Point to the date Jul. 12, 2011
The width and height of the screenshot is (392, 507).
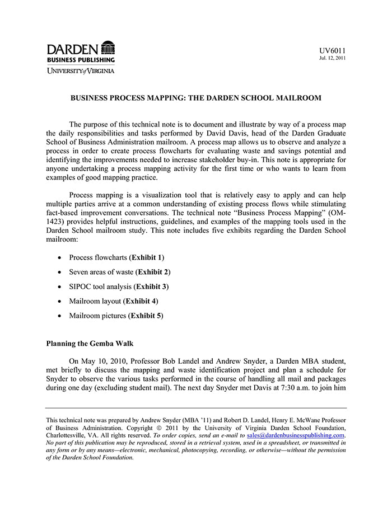(x=333, y=58)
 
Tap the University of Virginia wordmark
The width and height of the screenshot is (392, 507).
(x=81, y=71)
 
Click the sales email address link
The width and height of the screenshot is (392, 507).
(x=296, y=435)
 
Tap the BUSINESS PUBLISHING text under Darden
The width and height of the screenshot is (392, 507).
(x=81, y=59)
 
